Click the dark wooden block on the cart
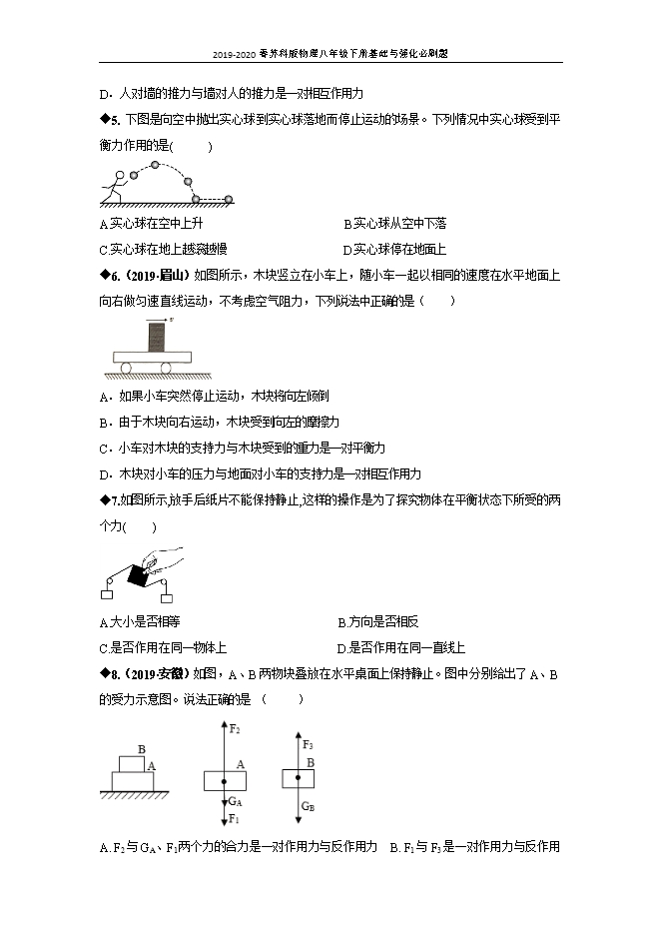pyautogui.click(x=157, y=337)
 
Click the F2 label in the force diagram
pyautogui.click(x=235, y=730)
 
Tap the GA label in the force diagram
pyautogui.click(x=236, y=801)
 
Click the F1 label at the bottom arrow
pyautogui.click(x=235, y=819)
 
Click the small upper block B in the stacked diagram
pyautogui.click(x=132, y=763)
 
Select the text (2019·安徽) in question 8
pyautogui.click(x=158, y=674)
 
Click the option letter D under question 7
pyautogui.click(x=342, y=647)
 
